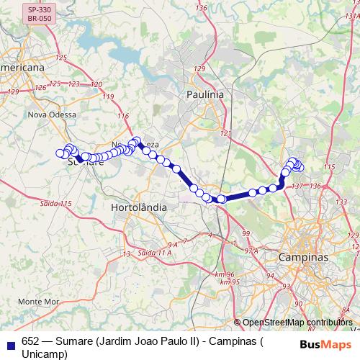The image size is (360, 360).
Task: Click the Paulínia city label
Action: (x=204, y=94)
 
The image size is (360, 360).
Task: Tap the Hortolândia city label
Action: (x=140, y=207)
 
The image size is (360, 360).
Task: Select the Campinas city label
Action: (x=303, y=257)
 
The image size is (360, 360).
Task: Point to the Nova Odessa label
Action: (x=51, y=114)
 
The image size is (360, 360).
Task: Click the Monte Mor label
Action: (x=38, y=300)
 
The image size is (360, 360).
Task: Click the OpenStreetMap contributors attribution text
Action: (x=297, y=323)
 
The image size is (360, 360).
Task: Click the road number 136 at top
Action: (x=201, y=8)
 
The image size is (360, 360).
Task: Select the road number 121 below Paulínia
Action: (x=227, y=134)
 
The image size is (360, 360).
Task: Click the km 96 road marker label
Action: (x=225, y=274)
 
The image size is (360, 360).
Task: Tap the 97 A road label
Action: (x=251, y=251)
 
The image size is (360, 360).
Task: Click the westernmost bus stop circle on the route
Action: (x=60, y=153)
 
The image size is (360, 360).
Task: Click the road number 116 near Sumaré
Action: (x=123, y=117)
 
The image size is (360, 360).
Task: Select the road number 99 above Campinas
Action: (x=246, y=234)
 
